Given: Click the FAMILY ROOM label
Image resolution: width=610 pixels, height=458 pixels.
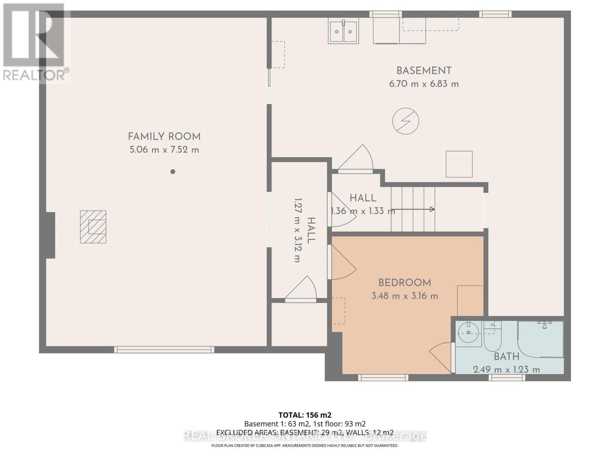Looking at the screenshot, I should coord(164,136).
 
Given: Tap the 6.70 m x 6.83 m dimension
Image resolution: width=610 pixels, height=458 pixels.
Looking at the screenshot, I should coord(424,84).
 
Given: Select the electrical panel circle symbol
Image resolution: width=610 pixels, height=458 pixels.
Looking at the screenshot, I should coord(406,121).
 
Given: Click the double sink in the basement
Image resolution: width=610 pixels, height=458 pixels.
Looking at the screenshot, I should coord(344,32).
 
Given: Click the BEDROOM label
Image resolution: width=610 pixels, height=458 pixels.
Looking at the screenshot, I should coord(405,283).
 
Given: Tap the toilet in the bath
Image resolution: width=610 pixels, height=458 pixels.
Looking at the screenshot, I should coord(492,338).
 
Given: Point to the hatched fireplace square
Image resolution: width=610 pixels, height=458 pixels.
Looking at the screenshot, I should coord(93,227).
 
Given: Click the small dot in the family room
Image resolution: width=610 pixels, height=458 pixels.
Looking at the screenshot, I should coord(173,172).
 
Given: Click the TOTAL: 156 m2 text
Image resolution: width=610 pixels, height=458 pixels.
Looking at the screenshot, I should coord(305,415).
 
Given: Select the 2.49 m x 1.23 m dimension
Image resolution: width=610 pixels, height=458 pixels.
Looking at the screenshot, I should coord(506,369).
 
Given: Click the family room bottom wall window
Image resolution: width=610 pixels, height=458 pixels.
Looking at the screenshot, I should coord(164,349).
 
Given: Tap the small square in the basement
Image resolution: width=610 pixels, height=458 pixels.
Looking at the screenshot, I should coord(459,164).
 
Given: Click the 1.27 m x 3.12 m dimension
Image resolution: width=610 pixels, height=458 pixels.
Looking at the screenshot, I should coord(298,230).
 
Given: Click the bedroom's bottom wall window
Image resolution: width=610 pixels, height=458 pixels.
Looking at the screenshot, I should coord(383,377).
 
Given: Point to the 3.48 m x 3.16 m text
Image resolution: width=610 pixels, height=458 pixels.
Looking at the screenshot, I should coord(405,296).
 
